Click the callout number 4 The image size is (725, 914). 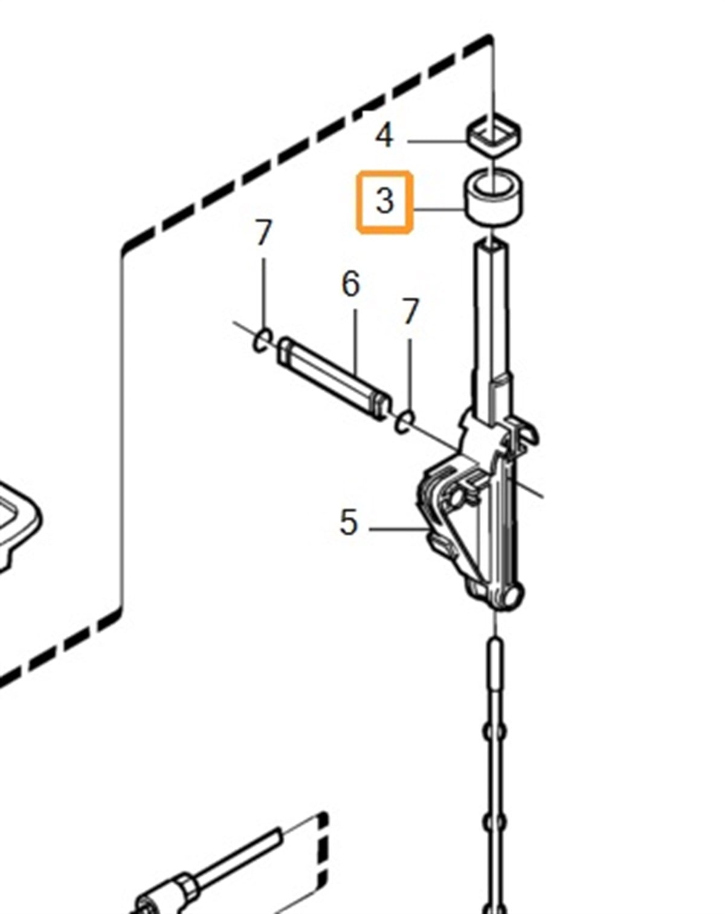click(x=384, y=136)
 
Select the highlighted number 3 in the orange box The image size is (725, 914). click(x=384, y=201)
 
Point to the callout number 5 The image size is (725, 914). click(x=348, y=522)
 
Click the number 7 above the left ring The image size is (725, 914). click(x=263, y=232)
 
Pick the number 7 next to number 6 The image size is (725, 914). click(x=410, y=312)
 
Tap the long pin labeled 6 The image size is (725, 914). click(x=333, y=379)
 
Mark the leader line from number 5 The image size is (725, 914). click(x=399, y=529)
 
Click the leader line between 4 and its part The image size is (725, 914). click(x=437, y=141)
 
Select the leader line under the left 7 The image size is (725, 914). click(x=263, y=295)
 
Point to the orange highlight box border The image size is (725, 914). click(x=384, y=173)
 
